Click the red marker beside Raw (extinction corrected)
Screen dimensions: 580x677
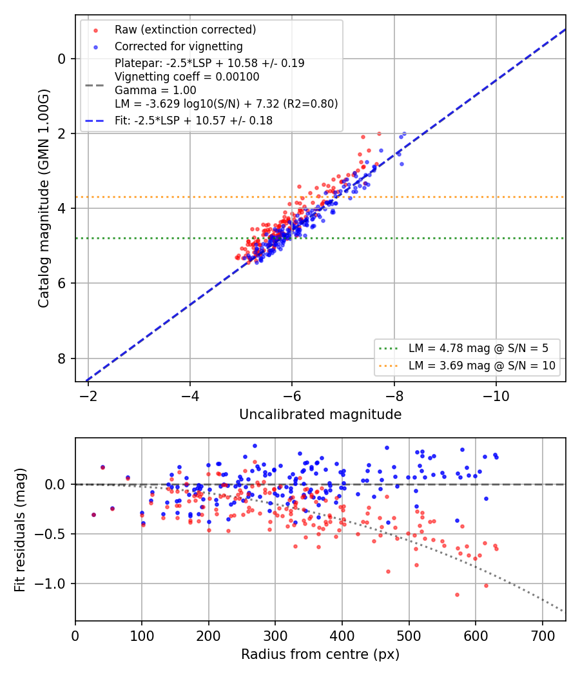(x=95, y=30)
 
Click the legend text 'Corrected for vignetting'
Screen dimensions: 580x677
(x=179, y=46)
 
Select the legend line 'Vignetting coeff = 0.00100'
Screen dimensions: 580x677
(x=187, y=77)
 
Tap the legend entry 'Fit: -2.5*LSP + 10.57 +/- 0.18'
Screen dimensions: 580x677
(x=194, y=121)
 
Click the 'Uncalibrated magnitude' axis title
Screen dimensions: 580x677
(x=320, y=415)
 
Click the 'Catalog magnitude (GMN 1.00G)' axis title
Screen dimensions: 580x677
(x=44, y=198)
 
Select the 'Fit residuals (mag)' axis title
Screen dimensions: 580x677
(x=20, y=530)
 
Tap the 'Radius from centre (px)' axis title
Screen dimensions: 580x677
(x=320, y=654)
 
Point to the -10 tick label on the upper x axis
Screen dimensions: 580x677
(x=496, y=396)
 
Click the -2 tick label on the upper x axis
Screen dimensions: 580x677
(x=88, y=396)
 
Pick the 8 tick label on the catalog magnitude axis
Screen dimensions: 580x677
(x=61, y=358)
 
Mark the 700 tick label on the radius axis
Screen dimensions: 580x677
(x=543, y=636)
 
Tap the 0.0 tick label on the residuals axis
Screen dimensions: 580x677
(x=55, y=484)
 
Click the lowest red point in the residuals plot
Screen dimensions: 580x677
(x=457, y=595)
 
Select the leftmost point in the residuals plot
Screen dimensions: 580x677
(x=93, y=515)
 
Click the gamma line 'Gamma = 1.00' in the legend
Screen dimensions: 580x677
(x=155, y=90)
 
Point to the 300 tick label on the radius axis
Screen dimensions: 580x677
(x=275, y=636)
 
